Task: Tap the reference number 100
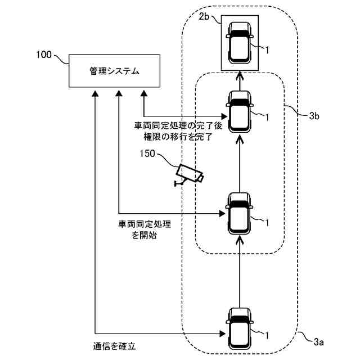pyautogui.click(x=44, y=55)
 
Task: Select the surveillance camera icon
pyautogui.click(x=189, y=175)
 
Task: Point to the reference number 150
pyautogui.click(x=147, y=154)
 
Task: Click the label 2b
pyautogui.click(x=204, y=16)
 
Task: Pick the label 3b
pyautogui.click(x=314, y=116)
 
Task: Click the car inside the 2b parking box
pyautogui.click(x=240, y=43)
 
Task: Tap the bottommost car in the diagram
pyautogui.click(x=240, y=328)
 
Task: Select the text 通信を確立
pyautogui.click(x=114, y=346)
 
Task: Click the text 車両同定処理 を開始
pyautogui.click(x=145, y=229)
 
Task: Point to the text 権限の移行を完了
pyautogui.click(x=178, y=137)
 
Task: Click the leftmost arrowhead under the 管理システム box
pyautogui.click(x=95, y=93)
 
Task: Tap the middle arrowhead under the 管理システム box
pyautogui.click(x=119, y=93)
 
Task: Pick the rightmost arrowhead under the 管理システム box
pyautogui.click(x=144, y=93)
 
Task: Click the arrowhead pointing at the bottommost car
pyautogui.click(x=222, y=334)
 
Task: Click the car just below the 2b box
pyautogui.click(x=240, y=112)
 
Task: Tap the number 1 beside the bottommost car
pyautogui.click(x=267, y=336)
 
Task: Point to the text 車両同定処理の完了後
pyautogui.click(x=178, y=126)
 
